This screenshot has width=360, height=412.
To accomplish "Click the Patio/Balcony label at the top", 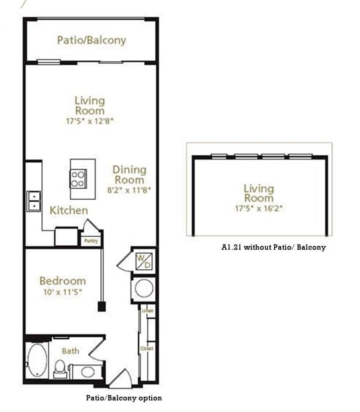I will (x=91, y=40).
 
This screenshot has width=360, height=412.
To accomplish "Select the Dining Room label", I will (x=130, y=175).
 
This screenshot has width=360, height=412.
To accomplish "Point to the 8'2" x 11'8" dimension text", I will (x=130, y=190).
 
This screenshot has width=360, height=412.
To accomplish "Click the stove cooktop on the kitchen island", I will (x=78, y=179).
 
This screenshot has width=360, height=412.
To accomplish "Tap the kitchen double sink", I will (x=32, y=201).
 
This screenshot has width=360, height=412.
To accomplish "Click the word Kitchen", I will (x=69, y=210).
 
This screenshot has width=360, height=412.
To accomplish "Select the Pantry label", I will (x=90, y=241).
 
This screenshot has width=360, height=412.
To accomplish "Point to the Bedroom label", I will (x=63, y=280).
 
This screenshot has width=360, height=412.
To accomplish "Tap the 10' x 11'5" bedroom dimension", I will (x=63, y=292).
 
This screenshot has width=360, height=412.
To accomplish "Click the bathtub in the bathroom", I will (x=36, y=360).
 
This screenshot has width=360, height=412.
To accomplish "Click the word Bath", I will (x=71, y=351).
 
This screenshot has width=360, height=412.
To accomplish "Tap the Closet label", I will (x=148, y=349).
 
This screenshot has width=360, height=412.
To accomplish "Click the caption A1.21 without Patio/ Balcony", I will (x=273, y=247).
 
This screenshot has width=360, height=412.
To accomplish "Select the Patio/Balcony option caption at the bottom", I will (x=124, y=398).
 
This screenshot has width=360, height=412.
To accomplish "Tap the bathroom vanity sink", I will (x=87, y=372).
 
